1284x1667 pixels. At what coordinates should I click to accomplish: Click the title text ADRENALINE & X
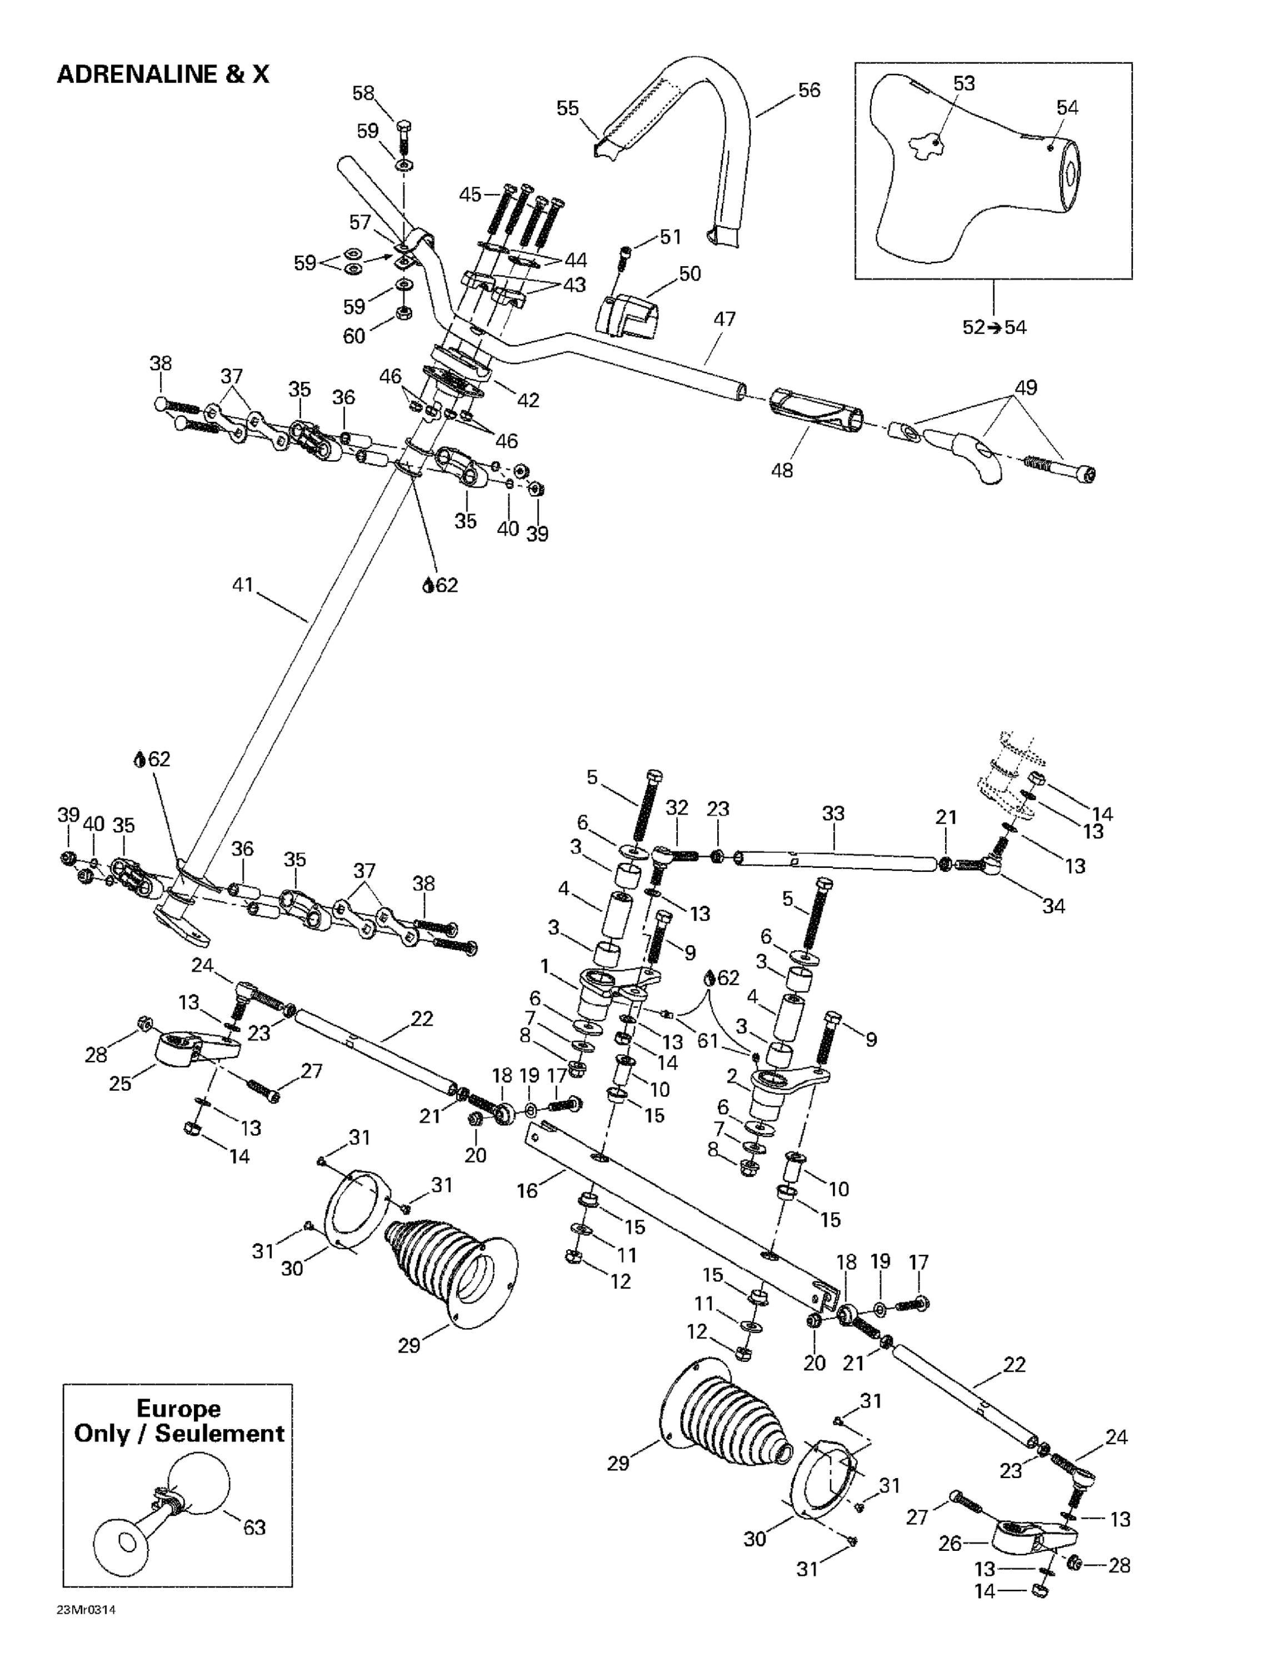pyautogui.click(x=163, y=74)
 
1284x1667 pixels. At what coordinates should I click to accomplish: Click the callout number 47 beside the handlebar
pyautogui.click(x=724, y=319)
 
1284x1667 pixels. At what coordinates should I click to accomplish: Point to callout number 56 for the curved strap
pyautogui.click(x=808, y=90)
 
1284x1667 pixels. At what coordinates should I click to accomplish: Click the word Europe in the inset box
pyautogui.click(x=178, y=1408)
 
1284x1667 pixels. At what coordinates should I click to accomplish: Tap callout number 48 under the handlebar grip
pyautogui.click(x=782, y=470)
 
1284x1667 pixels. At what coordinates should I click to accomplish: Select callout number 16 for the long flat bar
pyautogui.click(x=527, y=1191)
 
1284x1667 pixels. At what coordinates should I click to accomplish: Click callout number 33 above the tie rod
pyautogui.click(x=833, y=813)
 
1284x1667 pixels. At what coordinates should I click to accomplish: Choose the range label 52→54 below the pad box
pyautogui.click(x=994, y=327)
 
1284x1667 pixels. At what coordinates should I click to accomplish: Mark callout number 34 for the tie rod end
pyautogui.click(x=1053, y=906)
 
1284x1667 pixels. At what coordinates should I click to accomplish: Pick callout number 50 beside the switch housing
pyautogui.click(x=690, y=274)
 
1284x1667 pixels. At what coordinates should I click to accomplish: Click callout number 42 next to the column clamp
pyautogui.click(x=528, y=400)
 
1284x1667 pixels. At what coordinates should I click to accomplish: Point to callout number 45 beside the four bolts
pyautogui.click(x=470, y=194)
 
